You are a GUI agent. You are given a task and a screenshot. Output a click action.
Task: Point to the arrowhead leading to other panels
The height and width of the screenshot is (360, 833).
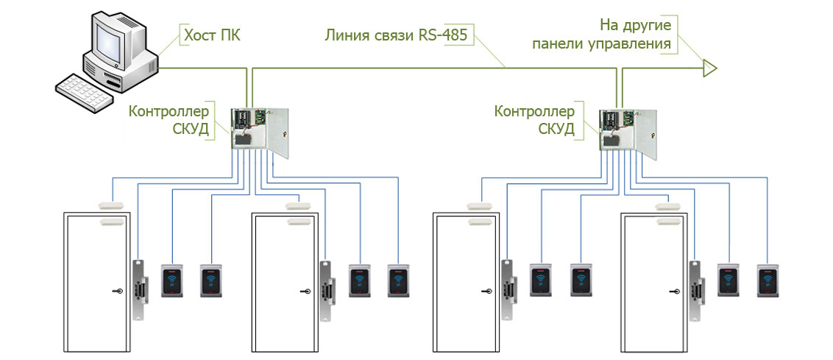tap(709, 68)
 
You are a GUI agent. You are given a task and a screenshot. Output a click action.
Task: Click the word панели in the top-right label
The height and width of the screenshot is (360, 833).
tap(558, 44)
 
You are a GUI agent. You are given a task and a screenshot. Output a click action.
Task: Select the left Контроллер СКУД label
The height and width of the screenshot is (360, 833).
tap(169, 120)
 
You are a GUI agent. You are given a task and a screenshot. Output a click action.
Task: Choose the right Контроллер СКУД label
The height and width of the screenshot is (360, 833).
tap(534, 120)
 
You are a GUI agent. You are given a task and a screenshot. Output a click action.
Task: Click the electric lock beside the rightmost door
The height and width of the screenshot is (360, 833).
tap(695, 288)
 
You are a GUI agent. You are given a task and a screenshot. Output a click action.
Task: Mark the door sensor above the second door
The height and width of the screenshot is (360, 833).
tap(297, 205)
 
